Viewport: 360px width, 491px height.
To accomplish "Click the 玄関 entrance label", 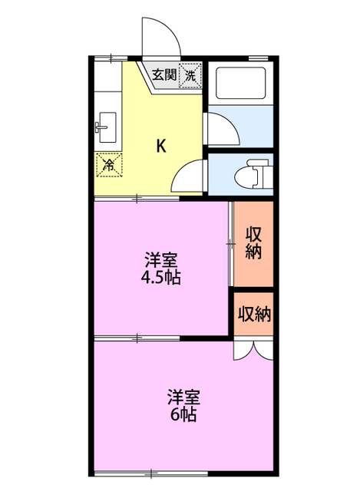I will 163,74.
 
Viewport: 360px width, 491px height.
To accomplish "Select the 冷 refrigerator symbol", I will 108,163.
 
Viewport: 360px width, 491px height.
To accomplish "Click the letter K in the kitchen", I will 162,145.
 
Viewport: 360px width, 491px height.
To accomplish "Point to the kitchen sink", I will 106,126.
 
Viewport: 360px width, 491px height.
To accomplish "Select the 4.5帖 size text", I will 161,278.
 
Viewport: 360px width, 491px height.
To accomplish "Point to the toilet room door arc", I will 188,178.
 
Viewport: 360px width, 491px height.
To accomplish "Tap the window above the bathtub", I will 259,57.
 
